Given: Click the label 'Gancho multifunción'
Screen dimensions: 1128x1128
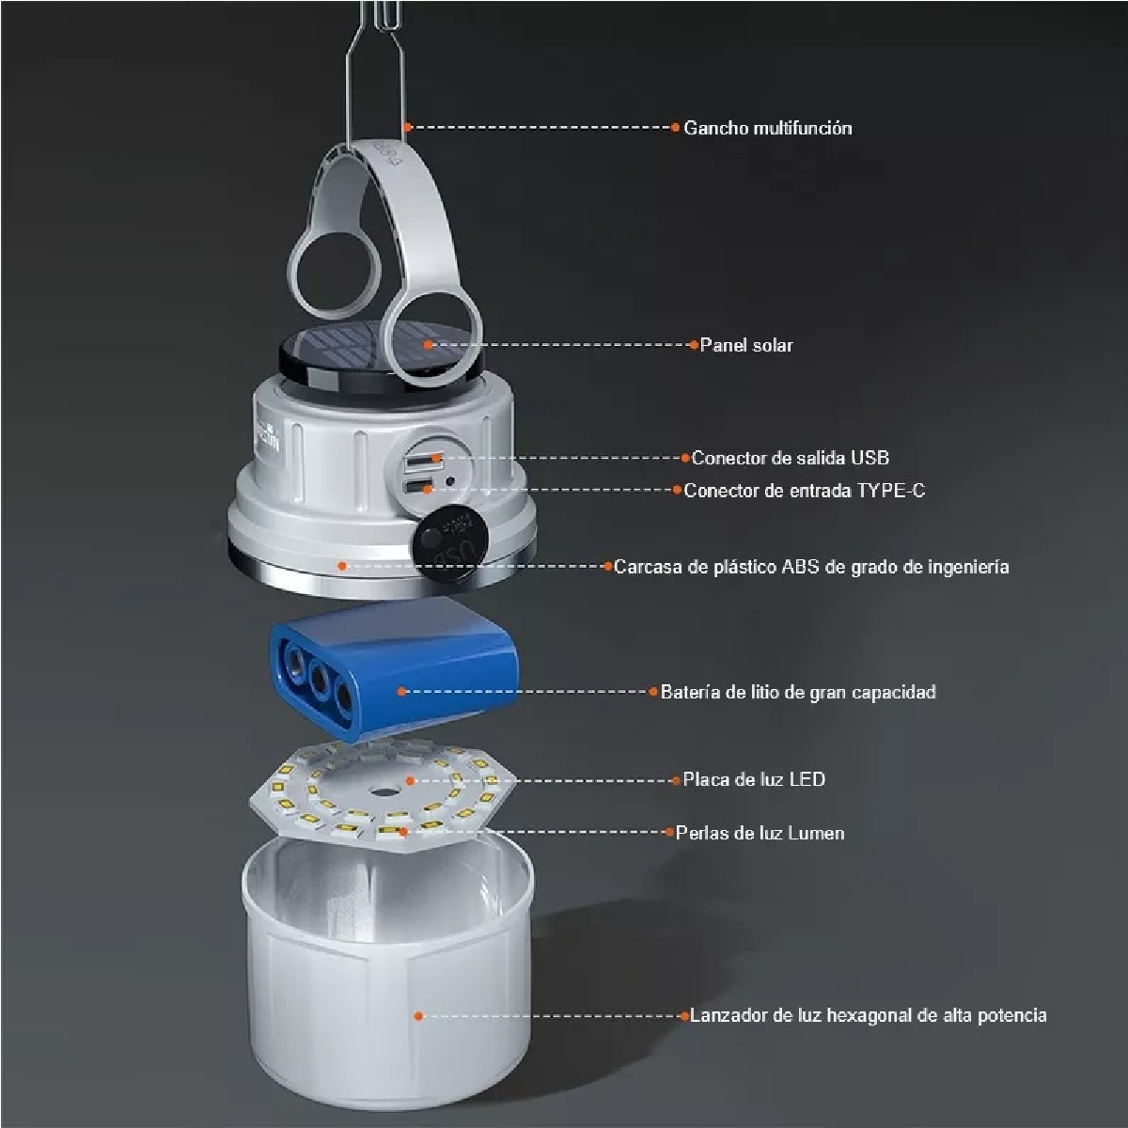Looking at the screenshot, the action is pos(767,128).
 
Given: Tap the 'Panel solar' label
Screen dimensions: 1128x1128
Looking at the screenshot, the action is pos(746,345).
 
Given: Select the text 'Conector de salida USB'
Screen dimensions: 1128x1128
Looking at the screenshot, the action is pos(791,458).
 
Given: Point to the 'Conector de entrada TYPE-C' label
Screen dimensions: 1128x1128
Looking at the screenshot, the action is pos(805,490).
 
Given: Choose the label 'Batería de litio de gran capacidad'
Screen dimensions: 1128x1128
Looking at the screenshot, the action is pos(798,692).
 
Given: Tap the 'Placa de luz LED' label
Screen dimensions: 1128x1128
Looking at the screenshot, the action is pos(754,779).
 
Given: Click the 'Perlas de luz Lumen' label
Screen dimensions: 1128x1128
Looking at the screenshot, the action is pos(760,833).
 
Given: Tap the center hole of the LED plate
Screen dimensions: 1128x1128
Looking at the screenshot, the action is pos(383,792).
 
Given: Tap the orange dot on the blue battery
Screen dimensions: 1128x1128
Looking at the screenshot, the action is pos(401,691).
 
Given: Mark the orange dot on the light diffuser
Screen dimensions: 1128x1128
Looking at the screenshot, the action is pos(418,1015).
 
